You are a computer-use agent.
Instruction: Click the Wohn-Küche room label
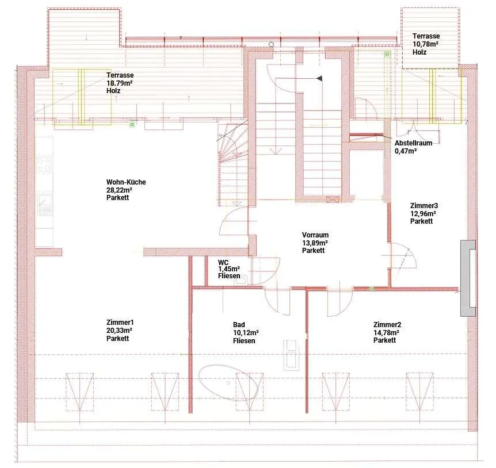pos(126,182)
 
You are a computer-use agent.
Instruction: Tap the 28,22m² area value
pos(119,190)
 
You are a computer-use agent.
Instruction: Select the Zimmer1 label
pos(120,323)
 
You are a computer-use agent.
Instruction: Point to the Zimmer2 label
pos(387,324)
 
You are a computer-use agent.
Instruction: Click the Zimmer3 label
pos(424,205)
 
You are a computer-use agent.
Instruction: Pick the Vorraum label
pos(315,235)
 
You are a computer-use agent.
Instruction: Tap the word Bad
pos(239,324)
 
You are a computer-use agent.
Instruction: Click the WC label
pos(223,263)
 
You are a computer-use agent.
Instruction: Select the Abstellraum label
pos(413,143)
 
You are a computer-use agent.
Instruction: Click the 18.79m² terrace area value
pos(119,83)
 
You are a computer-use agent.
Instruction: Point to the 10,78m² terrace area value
pos(425,44)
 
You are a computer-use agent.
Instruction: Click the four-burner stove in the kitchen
pos(44,164)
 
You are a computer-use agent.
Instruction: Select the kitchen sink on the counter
pos(45,205)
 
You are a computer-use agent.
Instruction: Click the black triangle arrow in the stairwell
pos(319,78)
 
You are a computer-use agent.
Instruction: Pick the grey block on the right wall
pos(468,278)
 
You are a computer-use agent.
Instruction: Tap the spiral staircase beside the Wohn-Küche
pos(233,164)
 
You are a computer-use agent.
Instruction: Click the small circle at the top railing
pos(271,44)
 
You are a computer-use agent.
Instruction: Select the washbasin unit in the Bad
pos(291,355)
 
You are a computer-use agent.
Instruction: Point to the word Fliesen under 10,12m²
pos(244,340)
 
